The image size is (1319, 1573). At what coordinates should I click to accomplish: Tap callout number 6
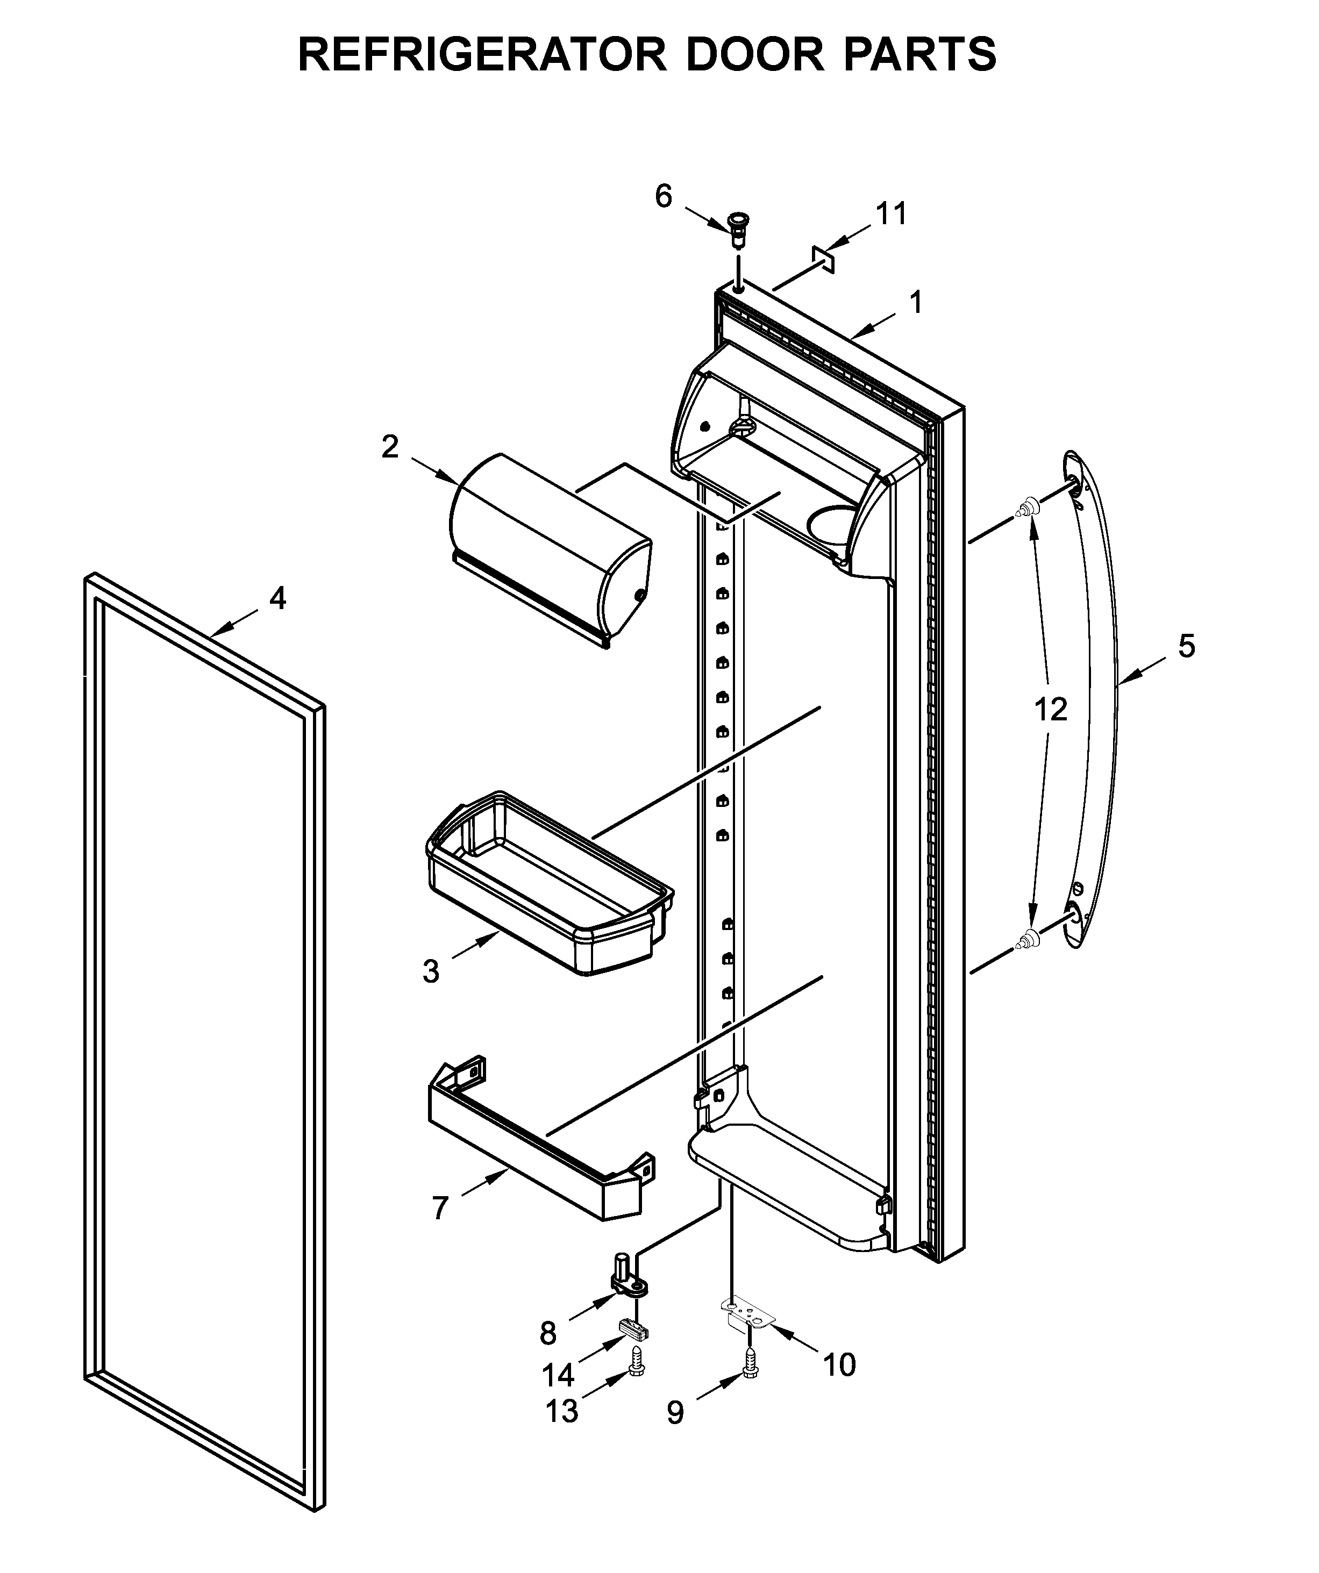click(x=664, y=196)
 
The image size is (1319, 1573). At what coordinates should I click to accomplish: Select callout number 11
click(x=892, y=213)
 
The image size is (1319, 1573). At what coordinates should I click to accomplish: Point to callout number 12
click(x=1050, y=709)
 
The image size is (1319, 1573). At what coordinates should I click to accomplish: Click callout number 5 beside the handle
click(x=1186, y=646)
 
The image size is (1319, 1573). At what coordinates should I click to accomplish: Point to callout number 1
click(x=915, y=303)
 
